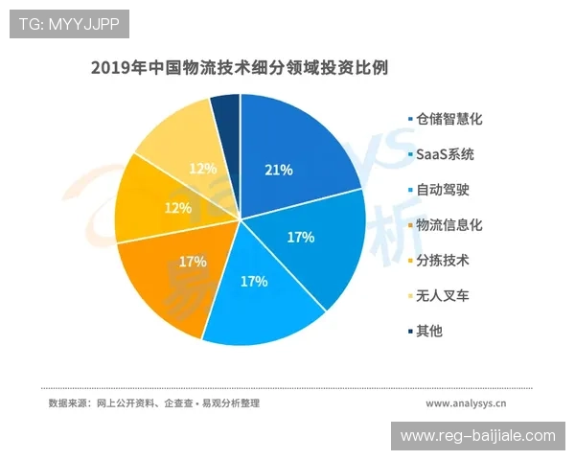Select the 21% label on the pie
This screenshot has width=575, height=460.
[279, 170]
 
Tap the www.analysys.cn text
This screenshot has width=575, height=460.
[467, 403]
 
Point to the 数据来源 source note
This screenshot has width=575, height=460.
[153, 403]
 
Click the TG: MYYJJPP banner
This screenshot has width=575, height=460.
[69, 24]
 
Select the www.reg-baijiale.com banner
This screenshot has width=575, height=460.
[477, 435]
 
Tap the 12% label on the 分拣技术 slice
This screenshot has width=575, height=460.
[152, 208]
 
